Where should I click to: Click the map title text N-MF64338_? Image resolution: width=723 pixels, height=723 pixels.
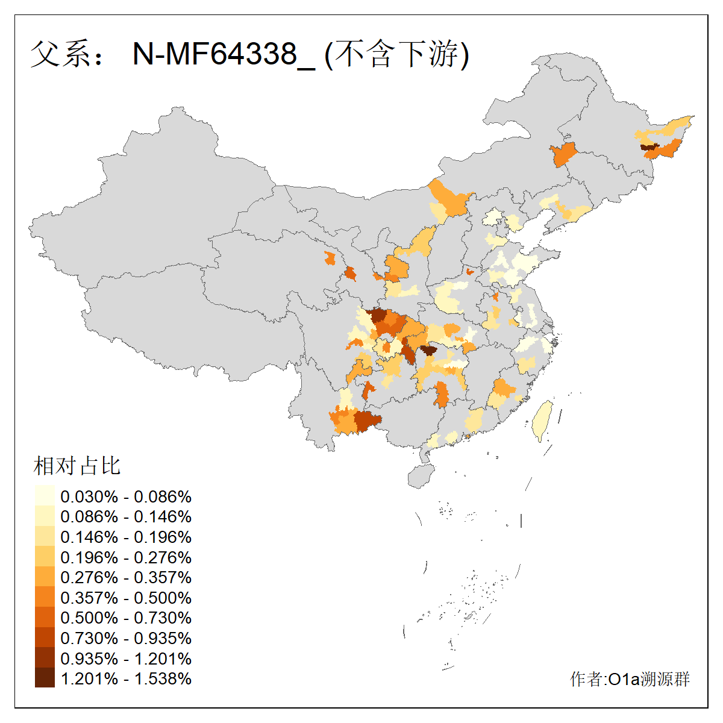pyautogui.click(x=223, y=54)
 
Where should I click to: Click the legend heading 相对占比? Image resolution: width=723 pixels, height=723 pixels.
pyautogui.click(x=77, y=466)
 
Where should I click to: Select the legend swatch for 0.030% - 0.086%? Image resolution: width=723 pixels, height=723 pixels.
pyautogui.click(x=45, y=496)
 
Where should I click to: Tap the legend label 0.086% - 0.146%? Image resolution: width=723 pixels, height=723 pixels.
pyautogui.click(x=126, y=516)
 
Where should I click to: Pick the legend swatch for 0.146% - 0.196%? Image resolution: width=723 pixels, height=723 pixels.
pyautogui.click(x=45, y=536)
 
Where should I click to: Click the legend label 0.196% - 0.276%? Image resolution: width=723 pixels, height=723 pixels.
pyautogui.click(x=126, y=557)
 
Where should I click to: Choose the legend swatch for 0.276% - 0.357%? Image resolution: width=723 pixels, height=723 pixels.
pyautogui.click(x=45, y=577)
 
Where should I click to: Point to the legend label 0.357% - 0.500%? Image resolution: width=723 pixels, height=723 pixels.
pyautogui.click(x=126, y=598)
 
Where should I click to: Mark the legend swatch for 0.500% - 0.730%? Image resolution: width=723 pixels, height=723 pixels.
pyautogui.click(x=45, y=618)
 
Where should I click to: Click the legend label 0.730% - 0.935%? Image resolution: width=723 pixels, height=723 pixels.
pyautogui.click(x=126, y=638)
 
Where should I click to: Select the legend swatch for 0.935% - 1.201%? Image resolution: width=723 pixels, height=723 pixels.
pyautogui.click(x=45, y=658)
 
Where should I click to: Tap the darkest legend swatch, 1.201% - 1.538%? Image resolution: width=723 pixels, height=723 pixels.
pyautogui.click(x=45, y=678)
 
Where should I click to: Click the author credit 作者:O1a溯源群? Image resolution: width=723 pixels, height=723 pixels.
pyautogui.click(x=630, y=679)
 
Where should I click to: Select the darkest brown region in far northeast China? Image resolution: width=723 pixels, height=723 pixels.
pyautogui.click(x=648, y=146)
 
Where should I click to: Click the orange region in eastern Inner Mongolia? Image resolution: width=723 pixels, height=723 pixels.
pyautogui.click(x=564, y=155)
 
